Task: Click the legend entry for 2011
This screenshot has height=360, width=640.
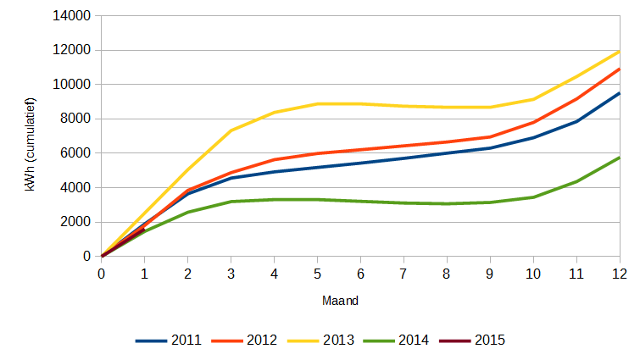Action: (169, 341)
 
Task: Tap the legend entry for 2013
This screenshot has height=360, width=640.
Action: (320, 341)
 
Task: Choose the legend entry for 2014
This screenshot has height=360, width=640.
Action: (396, 341)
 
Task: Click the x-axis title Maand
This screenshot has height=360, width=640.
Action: (340, 301)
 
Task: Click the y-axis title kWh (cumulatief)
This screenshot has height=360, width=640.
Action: (31, 136)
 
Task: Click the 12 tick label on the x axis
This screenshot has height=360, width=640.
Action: (620, 274)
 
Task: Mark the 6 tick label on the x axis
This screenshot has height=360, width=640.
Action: (360, 274)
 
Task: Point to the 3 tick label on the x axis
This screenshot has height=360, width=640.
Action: (231, 274)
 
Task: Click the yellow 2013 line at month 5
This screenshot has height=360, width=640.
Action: (317, 103)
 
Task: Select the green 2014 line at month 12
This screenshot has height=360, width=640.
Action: (619, 158)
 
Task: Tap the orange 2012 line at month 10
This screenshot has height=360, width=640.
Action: (533, 122)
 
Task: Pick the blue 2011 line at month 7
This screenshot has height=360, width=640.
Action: (403, 158)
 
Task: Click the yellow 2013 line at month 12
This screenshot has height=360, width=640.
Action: (619, 52)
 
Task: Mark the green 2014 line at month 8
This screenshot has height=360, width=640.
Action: (447, 203)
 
